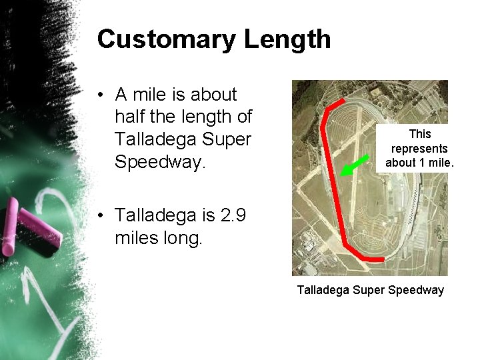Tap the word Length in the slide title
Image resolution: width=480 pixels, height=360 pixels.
[x=287, y=40]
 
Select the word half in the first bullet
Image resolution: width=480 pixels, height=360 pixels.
[x=131, y=117]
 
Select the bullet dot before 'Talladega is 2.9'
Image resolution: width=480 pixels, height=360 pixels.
[x=99, y=216]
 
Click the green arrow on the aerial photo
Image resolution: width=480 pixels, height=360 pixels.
[x=355, y=165]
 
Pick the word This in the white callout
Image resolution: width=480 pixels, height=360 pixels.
[x=420, y=134]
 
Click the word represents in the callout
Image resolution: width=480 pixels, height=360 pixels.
[x=419, y=148]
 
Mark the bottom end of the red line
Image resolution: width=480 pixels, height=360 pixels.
[x=383, y=259]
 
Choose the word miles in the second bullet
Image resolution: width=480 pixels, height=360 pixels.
[x=136, y=238]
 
